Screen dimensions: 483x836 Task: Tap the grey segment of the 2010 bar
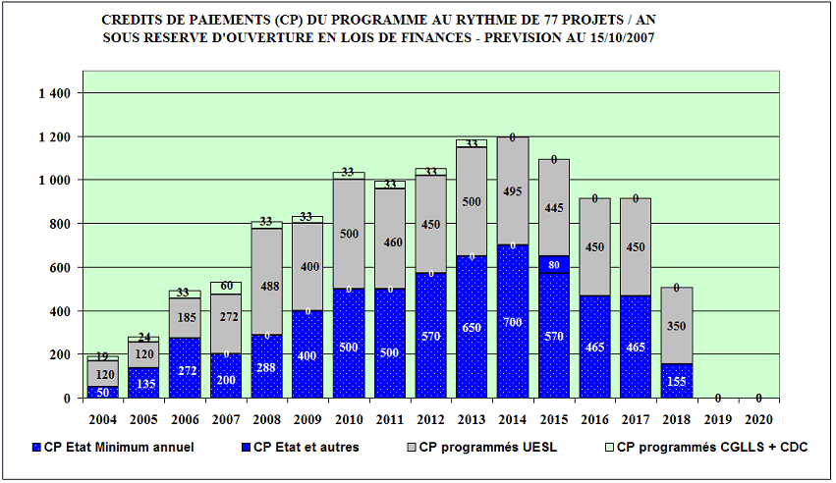click(350, 234)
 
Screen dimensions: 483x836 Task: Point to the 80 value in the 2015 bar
click(555, 265)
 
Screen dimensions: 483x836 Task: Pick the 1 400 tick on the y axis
click(55, 93)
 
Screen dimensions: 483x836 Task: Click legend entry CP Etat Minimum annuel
click(119, 448)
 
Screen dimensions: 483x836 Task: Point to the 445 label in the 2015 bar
click(555, 208)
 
